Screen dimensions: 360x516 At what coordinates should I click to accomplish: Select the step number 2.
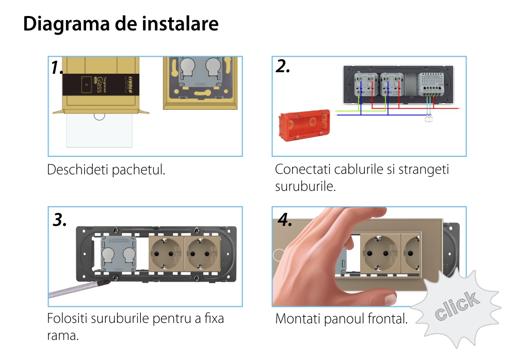click(283, 66)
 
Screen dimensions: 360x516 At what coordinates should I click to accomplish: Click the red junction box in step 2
click(304, 125)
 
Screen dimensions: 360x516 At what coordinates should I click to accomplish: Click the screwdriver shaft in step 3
click(72, 290)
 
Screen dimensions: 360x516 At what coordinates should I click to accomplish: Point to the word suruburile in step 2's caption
click(299, 186)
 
